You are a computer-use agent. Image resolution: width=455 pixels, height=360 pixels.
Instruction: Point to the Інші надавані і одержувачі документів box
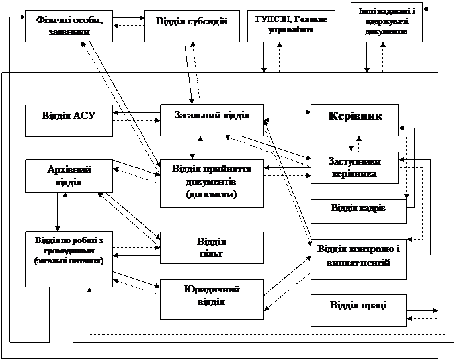click(386, 22)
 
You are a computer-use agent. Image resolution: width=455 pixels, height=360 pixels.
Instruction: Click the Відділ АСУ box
click(68, 120)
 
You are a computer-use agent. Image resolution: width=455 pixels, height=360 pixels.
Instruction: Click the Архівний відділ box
click(69, 176)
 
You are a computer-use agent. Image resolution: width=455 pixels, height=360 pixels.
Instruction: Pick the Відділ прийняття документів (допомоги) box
click(212, 181)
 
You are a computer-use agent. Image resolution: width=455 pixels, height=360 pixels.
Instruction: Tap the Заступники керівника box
click(354, 167)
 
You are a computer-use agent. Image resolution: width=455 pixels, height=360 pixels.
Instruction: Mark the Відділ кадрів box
click(358, 210)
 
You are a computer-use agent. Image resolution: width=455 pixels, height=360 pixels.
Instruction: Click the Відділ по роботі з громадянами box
click(68, 258)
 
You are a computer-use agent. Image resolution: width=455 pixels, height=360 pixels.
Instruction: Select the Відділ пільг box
click(212, 247)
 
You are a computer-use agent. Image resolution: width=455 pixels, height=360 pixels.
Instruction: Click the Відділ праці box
click(358, 310)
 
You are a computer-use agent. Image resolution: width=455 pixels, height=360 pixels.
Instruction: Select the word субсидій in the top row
click(211, 21)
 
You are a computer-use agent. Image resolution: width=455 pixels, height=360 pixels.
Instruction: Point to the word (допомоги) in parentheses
click(212, 195)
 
